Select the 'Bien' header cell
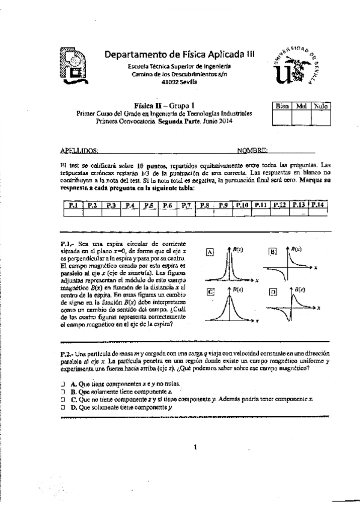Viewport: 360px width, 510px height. (x=282, y=106)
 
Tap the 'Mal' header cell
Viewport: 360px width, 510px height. (x=302, y=106)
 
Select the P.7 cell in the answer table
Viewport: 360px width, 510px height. (x=185, y=206)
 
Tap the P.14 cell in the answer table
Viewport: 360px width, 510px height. (x=318, y=206)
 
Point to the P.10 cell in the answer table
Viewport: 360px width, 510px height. (x=242, y=206)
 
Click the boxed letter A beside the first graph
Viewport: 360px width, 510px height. (x=210, y=253)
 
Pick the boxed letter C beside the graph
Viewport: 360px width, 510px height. (x=210, y=292)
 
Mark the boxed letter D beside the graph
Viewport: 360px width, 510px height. (x=273, y=292)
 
